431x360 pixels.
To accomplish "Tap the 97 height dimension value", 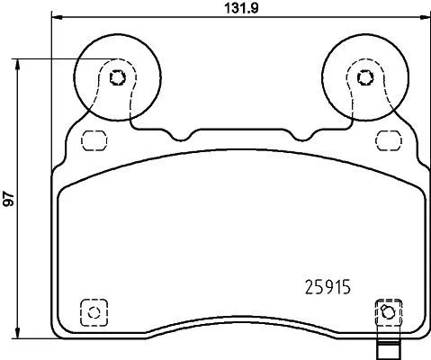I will (x=8, y=201).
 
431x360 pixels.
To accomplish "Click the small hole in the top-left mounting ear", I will (x=116, y=76).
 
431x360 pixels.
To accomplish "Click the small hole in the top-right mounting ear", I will (x=364, y=76).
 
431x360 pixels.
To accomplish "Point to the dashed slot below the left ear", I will (x=91, y=139).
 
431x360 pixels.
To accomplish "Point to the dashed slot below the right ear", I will (x=388, y=139).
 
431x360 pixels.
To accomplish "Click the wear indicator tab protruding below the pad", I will (x=386, y=350).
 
